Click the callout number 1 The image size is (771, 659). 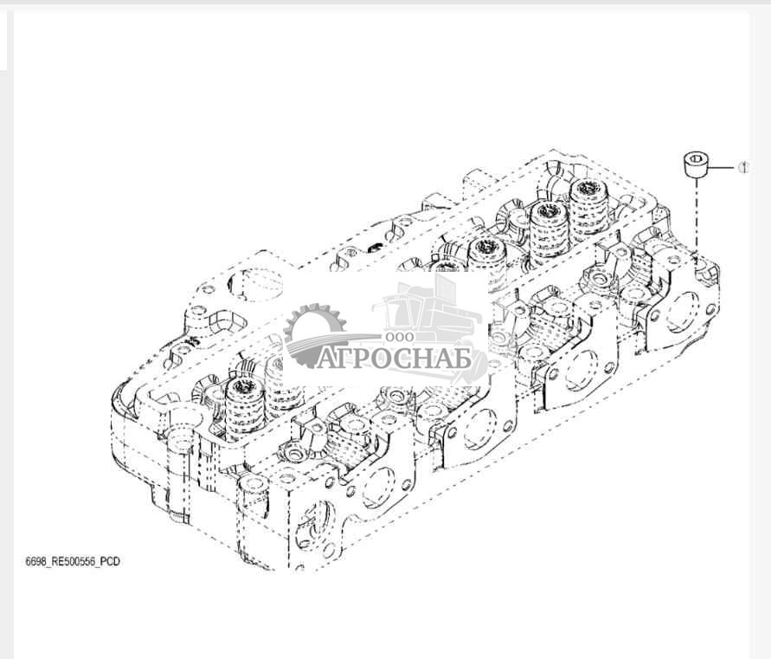pos(743,167)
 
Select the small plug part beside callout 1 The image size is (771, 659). pos(697,166)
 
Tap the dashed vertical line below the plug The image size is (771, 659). pos(697,216)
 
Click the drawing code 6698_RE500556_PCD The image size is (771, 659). pos(73,561)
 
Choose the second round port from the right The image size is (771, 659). pos(581,369)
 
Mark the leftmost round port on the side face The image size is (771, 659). pos(379,488)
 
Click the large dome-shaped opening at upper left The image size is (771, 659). pos(254,284)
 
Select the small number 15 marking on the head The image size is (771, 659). pos(192,340)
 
